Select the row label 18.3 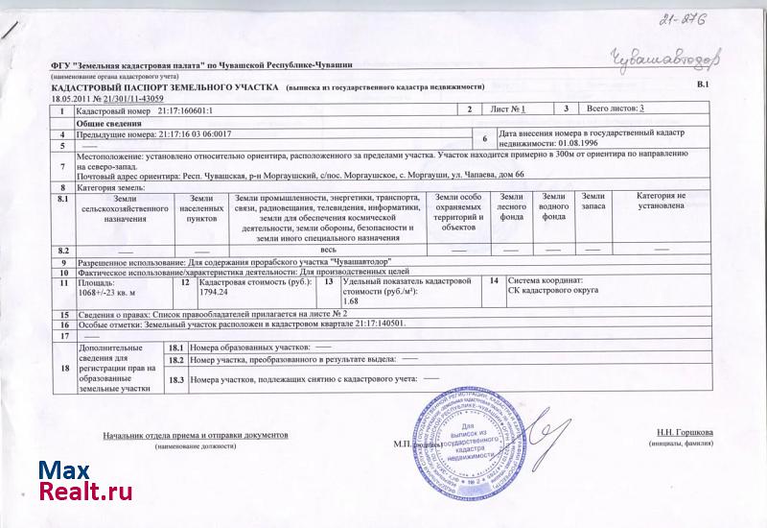[175, 380]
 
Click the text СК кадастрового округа [555, 292]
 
